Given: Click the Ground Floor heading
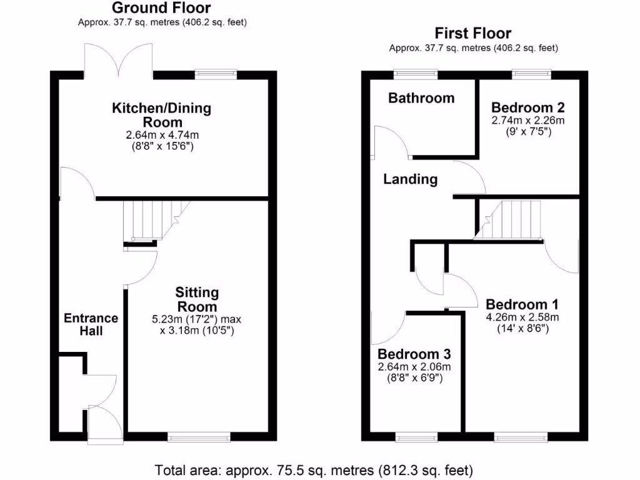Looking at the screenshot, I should pos(161,8).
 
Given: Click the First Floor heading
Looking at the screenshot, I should pos(473,33).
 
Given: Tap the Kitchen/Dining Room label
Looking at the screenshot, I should pos(161,115).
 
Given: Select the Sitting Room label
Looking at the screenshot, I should pos(197,299).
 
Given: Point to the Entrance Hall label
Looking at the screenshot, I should pos(91,324).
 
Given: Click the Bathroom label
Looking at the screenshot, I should pos(421,98).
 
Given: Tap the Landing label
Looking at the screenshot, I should pos(410,179).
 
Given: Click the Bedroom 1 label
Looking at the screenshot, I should pos(522,304).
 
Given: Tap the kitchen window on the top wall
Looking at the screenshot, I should pos(212,74).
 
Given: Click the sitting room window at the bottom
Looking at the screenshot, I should pos(189,438).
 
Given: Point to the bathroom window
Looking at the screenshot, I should pos(416,74).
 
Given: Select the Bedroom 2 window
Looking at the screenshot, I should pos(531,74).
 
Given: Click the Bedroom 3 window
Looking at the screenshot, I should pos(416,438).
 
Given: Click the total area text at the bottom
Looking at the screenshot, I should pos(314,469).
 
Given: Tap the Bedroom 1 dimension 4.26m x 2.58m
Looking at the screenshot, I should pos(522,317).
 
